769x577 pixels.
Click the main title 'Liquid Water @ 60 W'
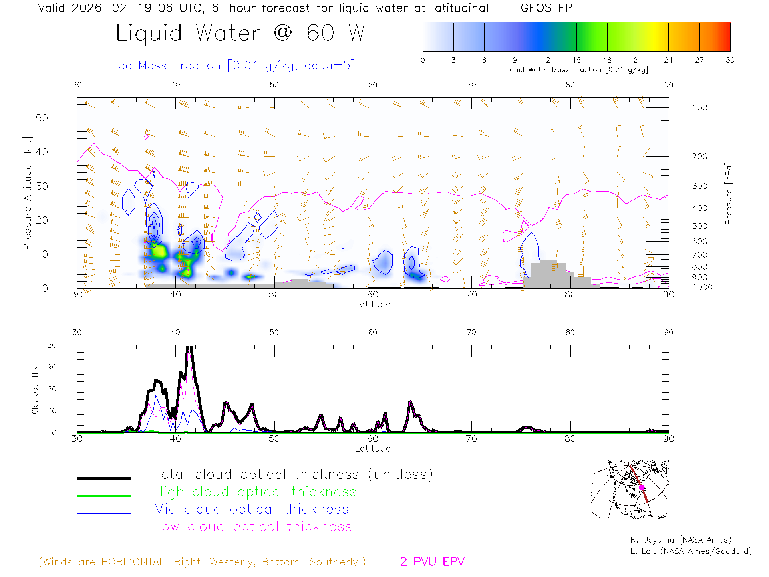(x=240, y=33)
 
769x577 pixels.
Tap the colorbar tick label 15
(x=576, y=60)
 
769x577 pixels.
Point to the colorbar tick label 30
(x=730, y=60)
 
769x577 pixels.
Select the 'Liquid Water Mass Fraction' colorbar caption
(x=576, y=70)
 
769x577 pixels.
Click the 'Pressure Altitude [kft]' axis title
(x=27, y=193)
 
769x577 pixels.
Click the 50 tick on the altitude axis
(x=42, y=118)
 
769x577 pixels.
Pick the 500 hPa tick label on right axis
(x=699, y=226)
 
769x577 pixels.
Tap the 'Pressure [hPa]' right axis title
(x=728, y=193)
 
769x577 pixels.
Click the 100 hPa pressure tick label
(x=699, y=108)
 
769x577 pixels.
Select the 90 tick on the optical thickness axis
(x=52, y=367)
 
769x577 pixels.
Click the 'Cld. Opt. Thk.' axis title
(x=35, y=389)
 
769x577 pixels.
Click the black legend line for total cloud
(x=104, y=478)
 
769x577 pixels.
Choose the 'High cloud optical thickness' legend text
(x=255, y=492)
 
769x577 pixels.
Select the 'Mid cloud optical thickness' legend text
(x=251, y=509)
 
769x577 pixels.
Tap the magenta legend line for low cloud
(x=104, y=531)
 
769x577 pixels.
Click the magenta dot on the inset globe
(x=642, y=488)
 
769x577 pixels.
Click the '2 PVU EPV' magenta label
(x=432, y=562)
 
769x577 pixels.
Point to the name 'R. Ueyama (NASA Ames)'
(x=680, y=540)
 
